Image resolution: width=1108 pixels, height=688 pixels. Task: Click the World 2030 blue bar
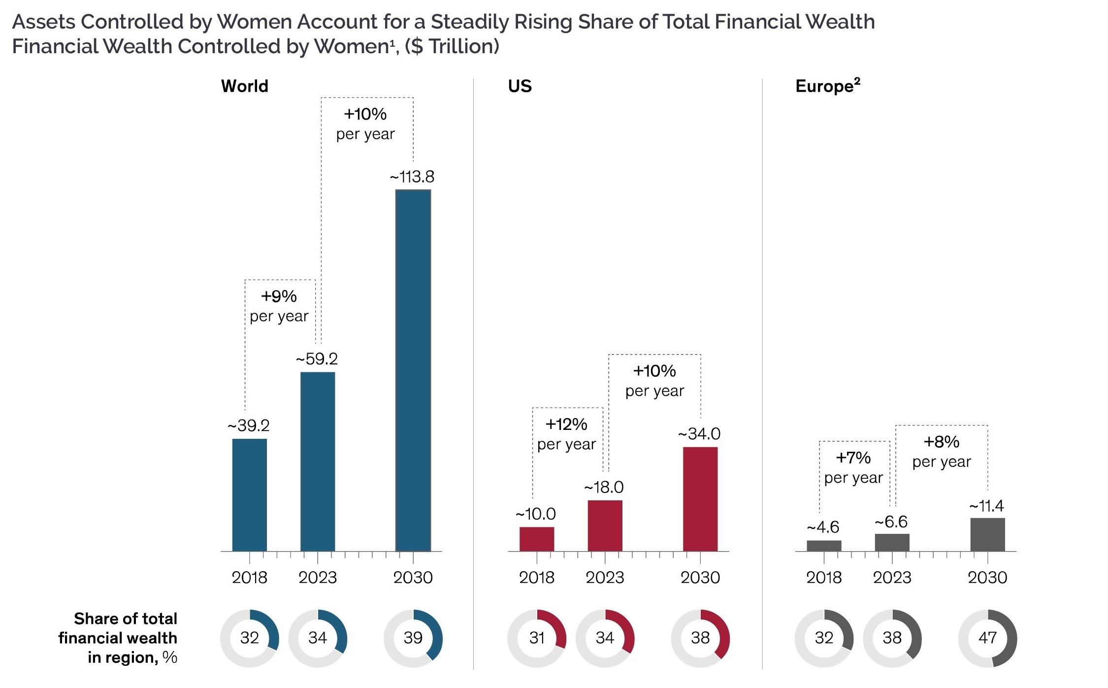point(413,370)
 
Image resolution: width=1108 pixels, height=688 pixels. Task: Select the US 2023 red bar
point(605,525)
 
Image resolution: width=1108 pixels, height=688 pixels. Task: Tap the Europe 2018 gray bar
point(824,546)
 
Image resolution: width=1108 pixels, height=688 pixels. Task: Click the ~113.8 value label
point(412,177)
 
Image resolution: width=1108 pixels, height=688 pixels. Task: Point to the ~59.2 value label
point(317,359)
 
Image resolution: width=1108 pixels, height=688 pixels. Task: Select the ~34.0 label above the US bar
point(699,434)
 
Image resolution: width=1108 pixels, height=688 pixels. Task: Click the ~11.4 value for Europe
point(986,506)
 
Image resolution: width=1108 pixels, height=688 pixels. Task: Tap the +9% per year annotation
point(279,306)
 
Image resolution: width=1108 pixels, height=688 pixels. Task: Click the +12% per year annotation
point(566,434)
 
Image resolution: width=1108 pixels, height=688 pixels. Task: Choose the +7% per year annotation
point(853,467)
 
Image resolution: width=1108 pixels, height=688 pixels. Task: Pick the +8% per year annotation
point(942,451)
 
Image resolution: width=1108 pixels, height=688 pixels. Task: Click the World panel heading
point(245,86)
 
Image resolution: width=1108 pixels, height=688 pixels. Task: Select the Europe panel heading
point(827,86)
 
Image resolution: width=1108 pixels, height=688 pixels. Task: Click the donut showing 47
point(987,638)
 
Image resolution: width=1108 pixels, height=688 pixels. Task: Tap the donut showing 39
point(413,638)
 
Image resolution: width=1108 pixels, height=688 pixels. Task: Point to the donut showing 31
point(537,638)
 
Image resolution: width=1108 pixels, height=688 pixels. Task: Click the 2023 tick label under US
point(605,577)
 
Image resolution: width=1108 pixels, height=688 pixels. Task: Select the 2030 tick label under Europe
point(987,577)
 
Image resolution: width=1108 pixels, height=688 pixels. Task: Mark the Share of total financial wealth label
point(118,638)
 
